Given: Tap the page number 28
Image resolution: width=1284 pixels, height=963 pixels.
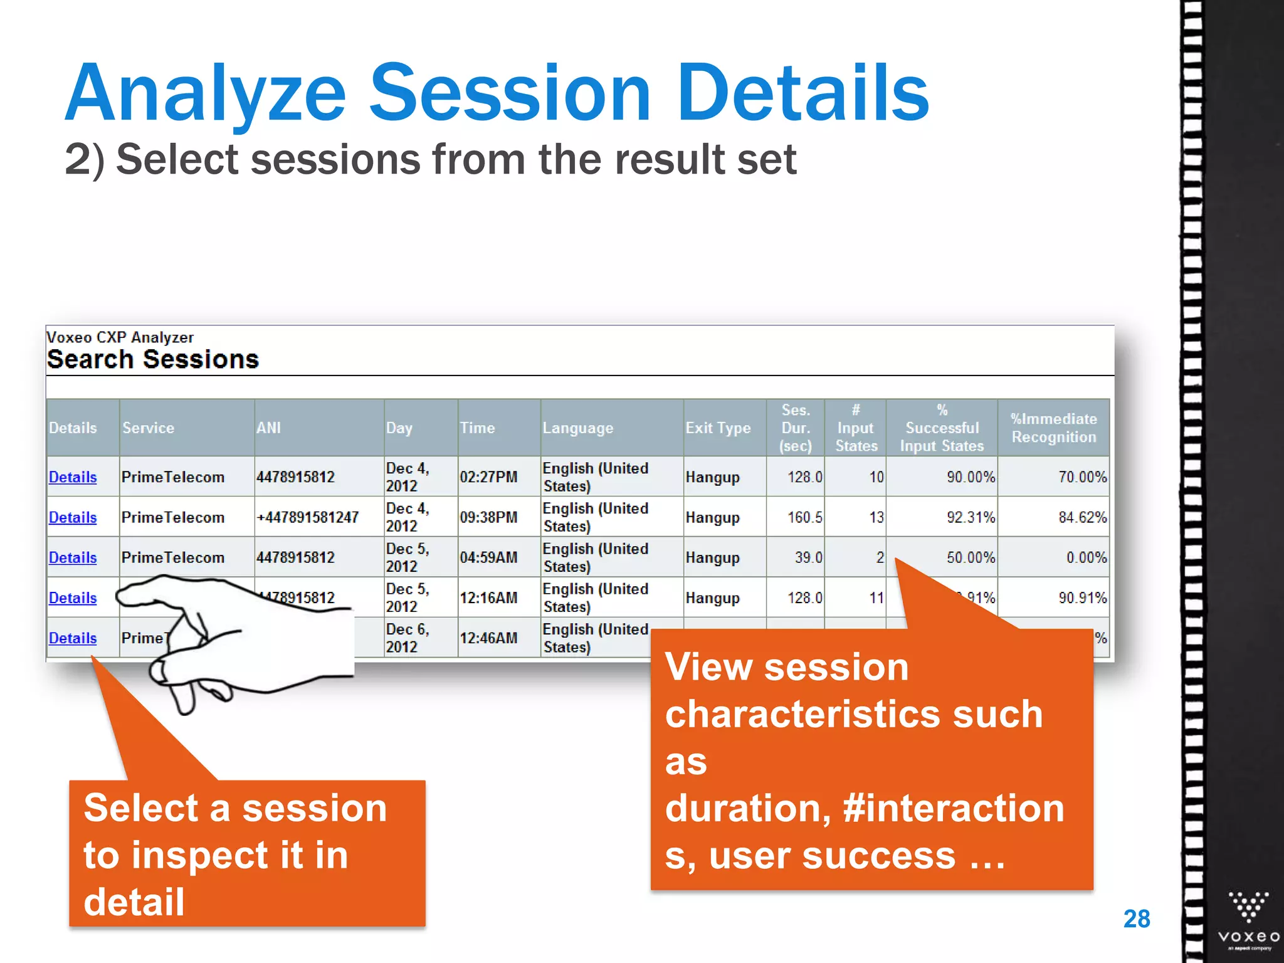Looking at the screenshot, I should (x=1136, y=919).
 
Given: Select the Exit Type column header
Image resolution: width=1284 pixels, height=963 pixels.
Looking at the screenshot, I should (x=718, y=428).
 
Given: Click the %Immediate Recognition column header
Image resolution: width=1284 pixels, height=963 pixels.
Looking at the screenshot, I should (x=1053, y=428).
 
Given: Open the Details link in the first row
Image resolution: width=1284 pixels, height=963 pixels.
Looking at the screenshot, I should (x=73, y=477).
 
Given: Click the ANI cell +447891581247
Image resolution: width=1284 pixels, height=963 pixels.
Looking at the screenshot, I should (x=308, y=517).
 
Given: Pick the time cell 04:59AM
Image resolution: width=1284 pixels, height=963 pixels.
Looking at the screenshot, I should (x=488, y=557).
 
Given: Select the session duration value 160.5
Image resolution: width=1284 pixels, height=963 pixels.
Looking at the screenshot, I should (x=804, y=517).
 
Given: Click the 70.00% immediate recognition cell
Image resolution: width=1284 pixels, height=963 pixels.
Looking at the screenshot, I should (x=1082, y=477).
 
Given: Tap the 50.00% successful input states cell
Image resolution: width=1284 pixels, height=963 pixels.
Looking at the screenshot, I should (x=970, y=557).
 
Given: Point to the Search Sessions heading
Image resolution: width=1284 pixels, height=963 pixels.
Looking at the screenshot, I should (x=152, y=359).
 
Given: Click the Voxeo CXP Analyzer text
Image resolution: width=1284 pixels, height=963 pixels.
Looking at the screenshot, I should (x=120, y=337).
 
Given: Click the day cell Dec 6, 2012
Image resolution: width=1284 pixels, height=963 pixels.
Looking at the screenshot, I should (x=408, y=638).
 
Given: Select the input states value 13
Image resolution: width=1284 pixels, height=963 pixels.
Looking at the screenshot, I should (x=876, y=517).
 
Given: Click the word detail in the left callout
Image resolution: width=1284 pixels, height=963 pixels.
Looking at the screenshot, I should (x=134, y=902).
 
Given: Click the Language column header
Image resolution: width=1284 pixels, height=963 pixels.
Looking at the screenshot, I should (x=577, y=428).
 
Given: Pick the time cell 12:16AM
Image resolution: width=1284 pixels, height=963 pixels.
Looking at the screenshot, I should (x=488, y=597).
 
